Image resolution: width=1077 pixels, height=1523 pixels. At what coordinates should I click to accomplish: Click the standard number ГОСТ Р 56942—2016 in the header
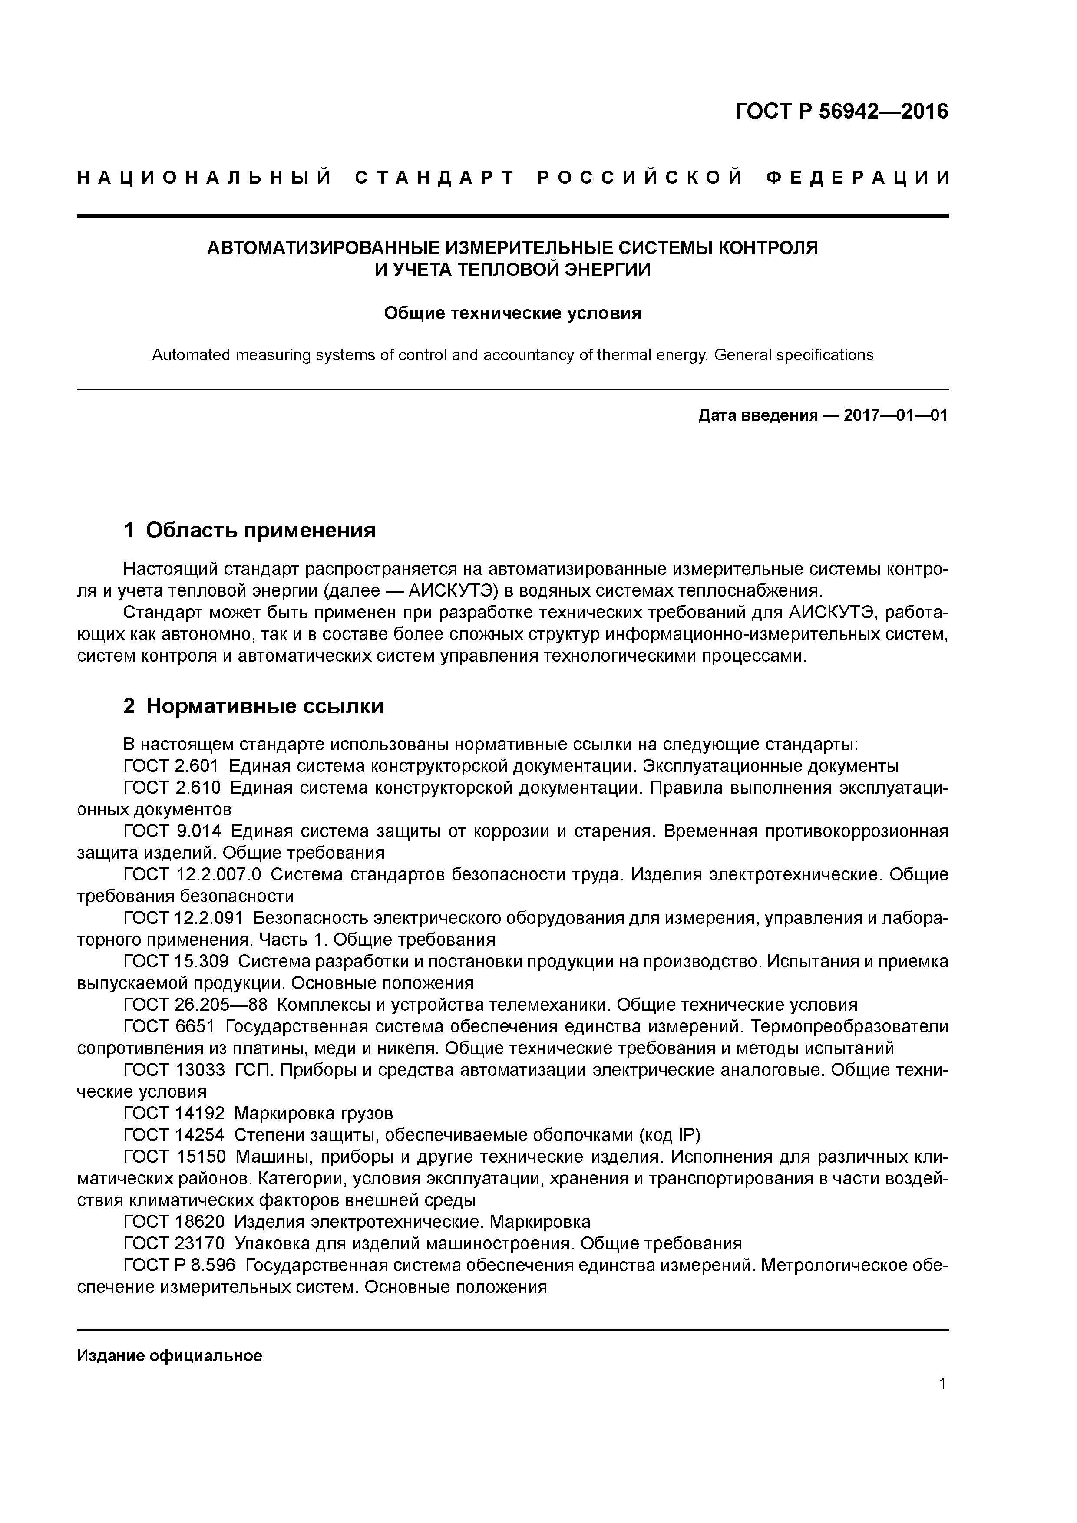pos(842,112)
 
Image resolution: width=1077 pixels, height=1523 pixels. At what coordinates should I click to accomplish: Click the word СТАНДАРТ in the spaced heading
pos(435,178)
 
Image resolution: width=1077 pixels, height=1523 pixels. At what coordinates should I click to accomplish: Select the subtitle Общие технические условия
pos(512,313)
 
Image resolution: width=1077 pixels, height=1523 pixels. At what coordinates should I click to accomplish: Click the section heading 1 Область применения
pos(250,530)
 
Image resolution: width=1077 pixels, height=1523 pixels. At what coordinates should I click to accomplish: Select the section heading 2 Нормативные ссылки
pos(254,706)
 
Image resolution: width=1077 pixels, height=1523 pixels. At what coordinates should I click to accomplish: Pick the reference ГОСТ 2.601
pos(171,766)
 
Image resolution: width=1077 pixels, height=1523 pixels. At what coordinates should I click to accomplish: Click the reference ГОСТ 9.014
pos(171,831)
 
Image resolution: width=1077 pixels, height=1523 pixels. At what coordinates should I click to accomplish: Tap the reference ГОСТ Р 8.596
pos(179,1266)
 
